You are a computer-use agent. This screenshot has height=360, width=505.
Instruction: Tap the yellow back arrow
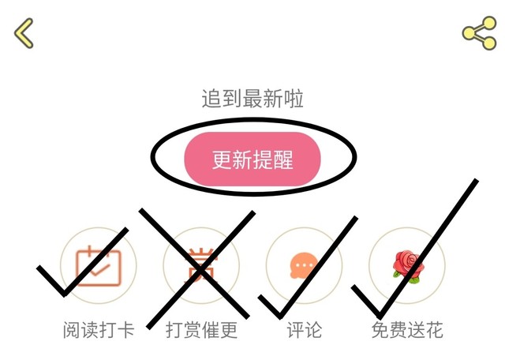coord(24,33)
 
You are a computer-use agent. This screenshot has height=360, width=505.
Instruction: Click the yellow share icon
coord(479,33)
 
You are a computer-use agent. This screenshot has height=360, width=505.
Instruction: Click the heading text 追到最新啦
coord(252,99)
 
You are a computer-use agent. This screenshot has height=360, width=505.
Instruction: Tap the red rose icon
coord(409,267)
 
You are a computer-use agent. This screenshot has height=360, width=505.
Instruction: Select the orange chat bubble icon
coord(304,266)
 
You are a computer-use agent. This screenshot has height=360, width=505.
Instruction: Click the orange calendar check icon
coord(99,266)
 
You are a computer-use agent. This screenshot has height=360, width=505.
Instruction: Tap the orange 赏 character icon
coord(201,265)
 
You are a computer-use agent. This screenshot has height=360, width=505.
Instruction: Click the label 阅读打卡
coord(99,330)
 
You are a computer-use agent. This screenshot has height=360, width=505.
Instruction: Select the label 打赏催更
coord(202,330)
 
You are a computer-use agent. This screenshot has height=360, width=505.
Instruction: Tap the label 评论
coord(305,330)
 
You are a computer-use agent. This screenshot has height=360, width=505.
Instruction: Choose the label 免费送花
coord(407,330)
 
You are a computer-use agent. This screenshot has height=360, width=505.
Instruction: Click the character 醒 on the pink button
coord(283,159)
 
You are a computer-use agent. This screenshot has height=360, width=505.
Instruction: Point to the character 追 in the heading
coord(211,99)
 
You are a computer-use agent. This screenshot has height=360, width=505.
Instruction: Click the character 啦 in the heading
coord(294,99)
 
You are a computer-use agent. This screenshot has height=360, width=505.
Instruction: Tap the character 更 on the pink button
coord(222,159)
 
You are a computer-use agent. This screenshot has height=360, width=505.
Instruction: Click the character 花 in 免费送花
coord(435,330)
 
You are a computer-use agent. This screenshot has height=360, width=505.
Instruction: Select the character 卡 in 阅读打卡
coord(125,330)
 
